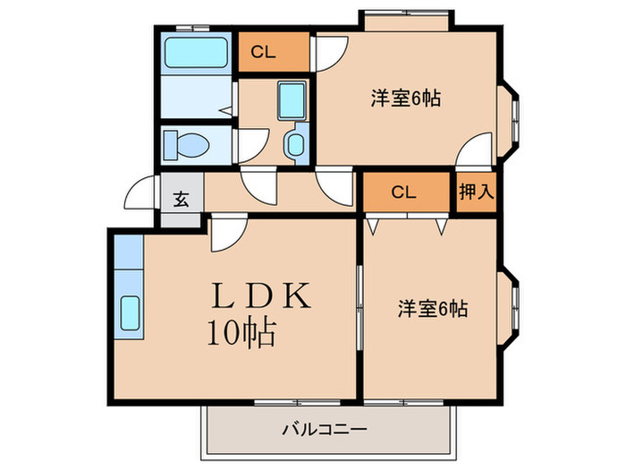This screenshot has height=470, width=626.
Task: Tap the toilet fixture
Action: tap(186, 143)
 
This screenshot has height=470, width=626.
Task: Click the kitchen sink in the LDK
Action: tap(129, 312)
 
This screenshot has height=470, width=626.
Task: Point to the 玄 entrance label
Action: tap(181, 199)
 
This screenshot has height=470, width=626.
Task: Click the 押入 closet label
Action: tap(473, 192)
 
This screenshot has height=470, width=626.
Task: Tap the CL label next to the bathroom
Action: tap(263, 52)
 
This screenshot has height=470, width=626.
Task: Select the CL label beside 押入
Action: tap(403, 192)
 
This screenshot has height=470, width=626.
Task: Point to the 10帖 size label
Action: tap(241, 333)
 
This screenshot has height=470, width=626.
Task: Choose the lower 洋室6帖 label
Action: tap(433, 309)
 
